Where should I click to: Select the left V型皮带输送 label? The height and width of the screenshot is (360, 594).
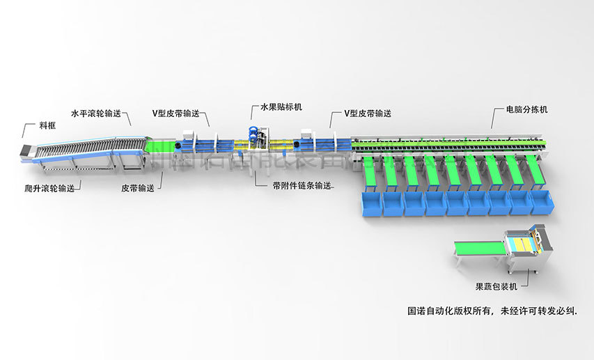[x=175, y=112]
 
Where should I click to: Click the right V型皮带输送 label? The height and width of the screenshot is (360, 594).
[x=367, y=113]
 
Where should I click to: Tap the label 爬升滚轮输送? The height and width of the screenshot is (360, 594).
[x=48, y=188]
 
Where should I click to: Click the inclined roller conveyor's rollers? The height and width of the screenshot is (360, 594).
[x=91, y=146]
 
